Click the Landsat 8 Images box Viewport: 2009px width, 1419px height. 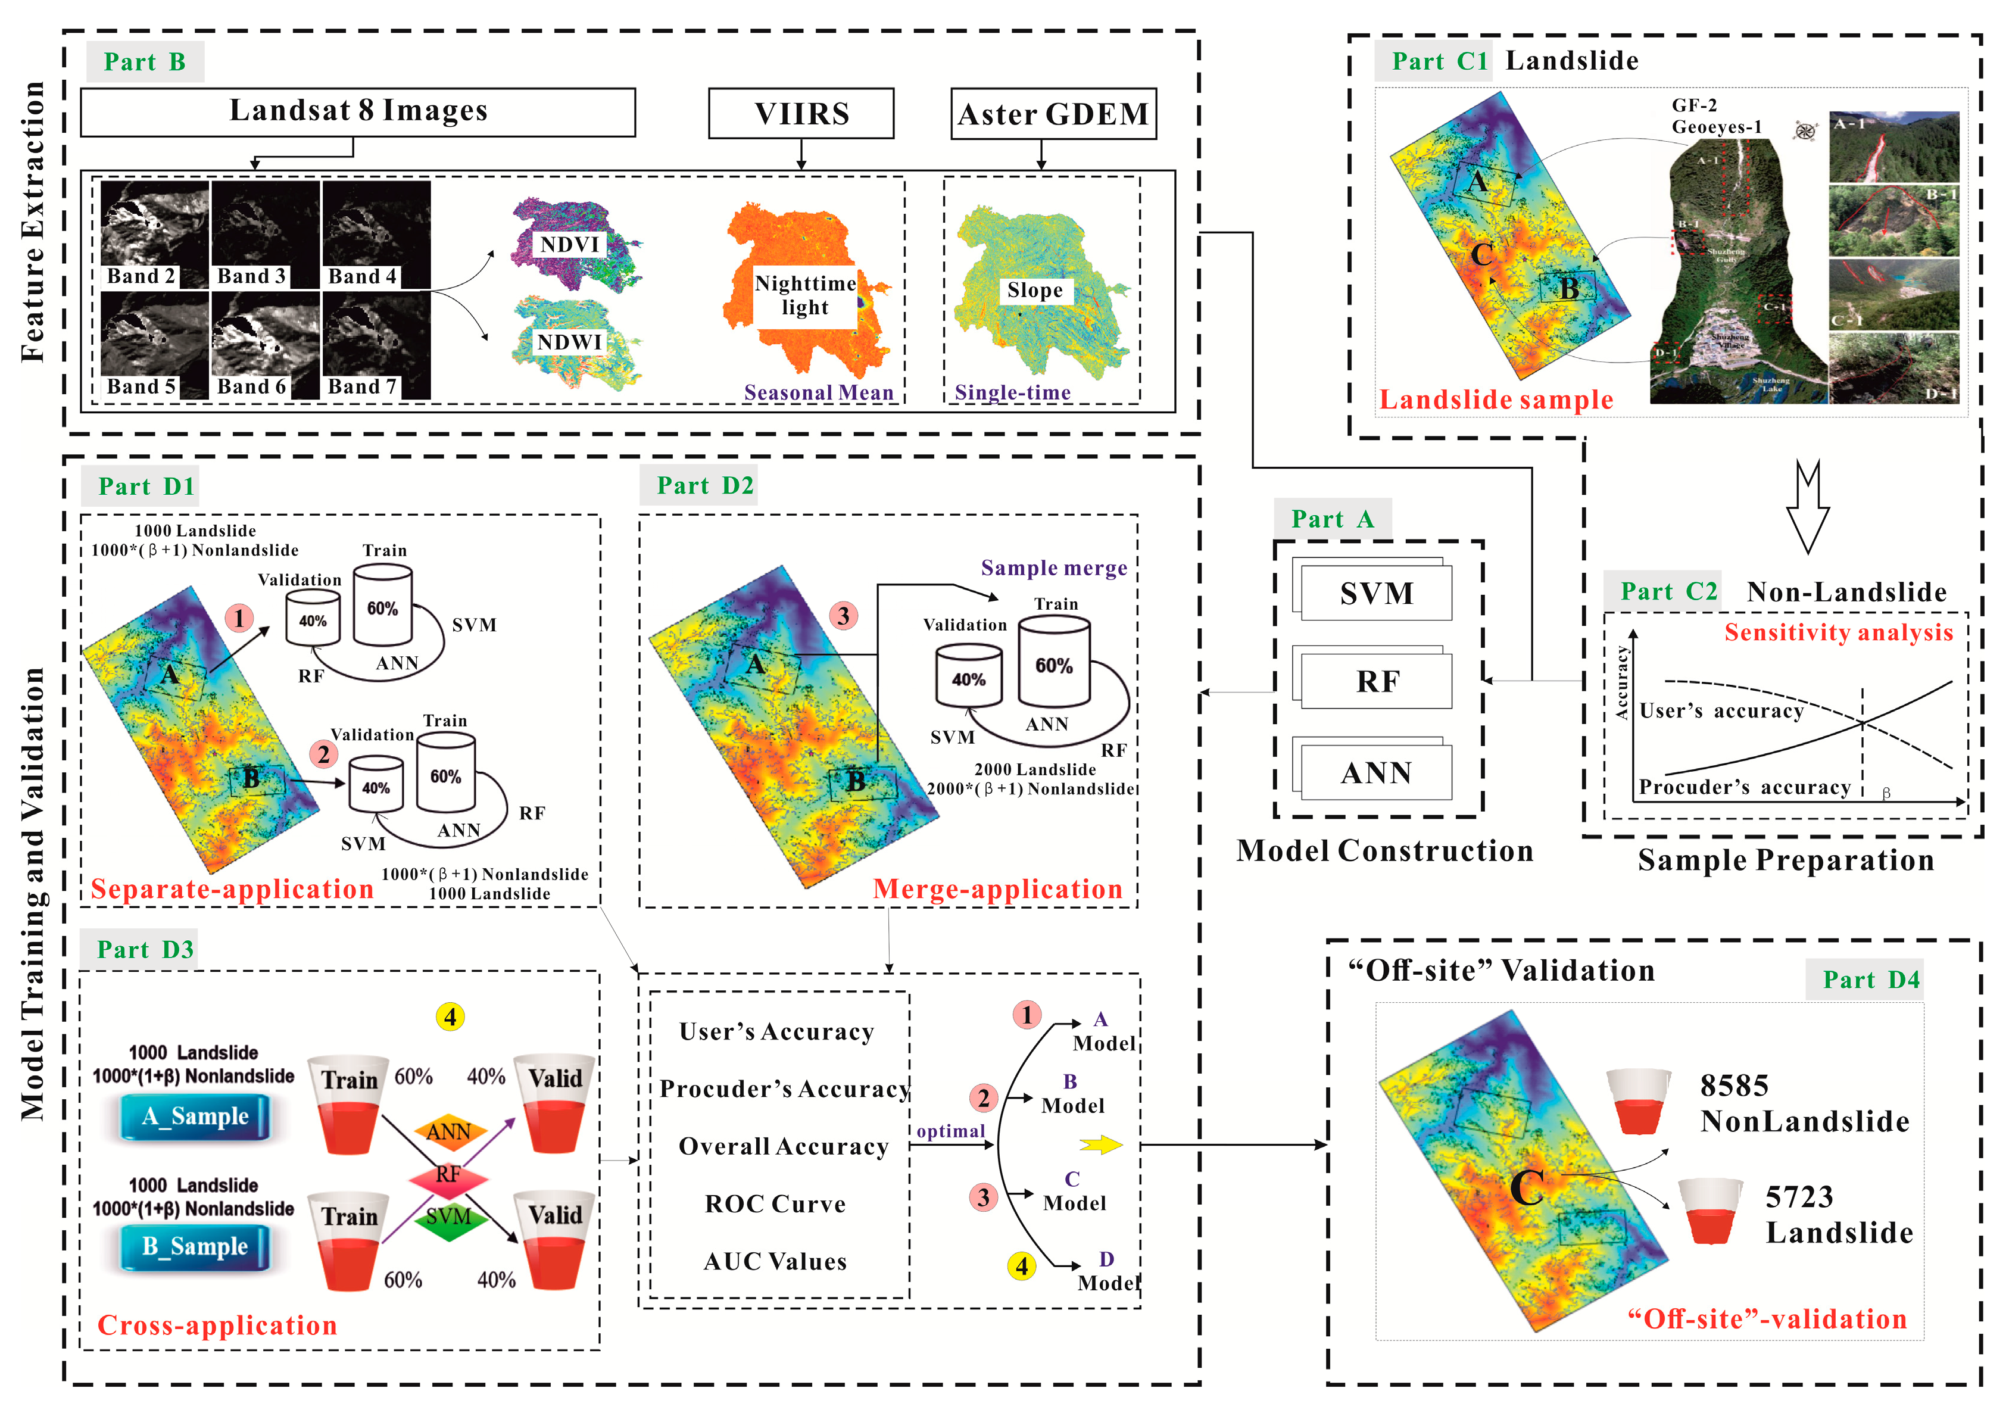coord(358,112)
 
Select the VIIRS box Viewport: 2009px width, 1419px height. coord(801,114)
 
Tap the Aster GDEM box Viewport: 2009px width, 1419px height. coord(1053,114)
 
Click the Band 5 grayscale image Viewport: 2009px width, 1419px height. coord(154,345)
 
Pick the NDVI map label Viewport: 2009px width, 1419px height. coord(570,244)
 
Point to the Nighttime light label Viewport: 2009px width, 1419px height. coord(805,296)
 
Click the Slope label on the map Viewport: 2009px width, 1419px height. coord(1034,291)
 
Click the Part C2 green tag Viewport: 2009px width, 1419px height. coord(1668,591)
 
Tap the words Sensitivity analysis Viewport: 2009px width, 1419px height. coord(1838,632)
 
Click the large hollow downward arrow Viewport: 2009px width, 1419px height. coord(1807,507)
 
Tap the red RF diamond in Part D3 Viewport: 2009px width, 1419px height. coord(448,1175)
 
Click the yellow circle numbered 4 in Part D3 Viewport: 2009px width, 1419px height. coord(450,1016)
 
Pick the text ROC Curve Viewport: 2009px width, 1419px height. coord(775,1204)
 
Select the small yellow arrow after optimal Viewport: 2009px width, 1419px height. coord(1101,1144)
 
